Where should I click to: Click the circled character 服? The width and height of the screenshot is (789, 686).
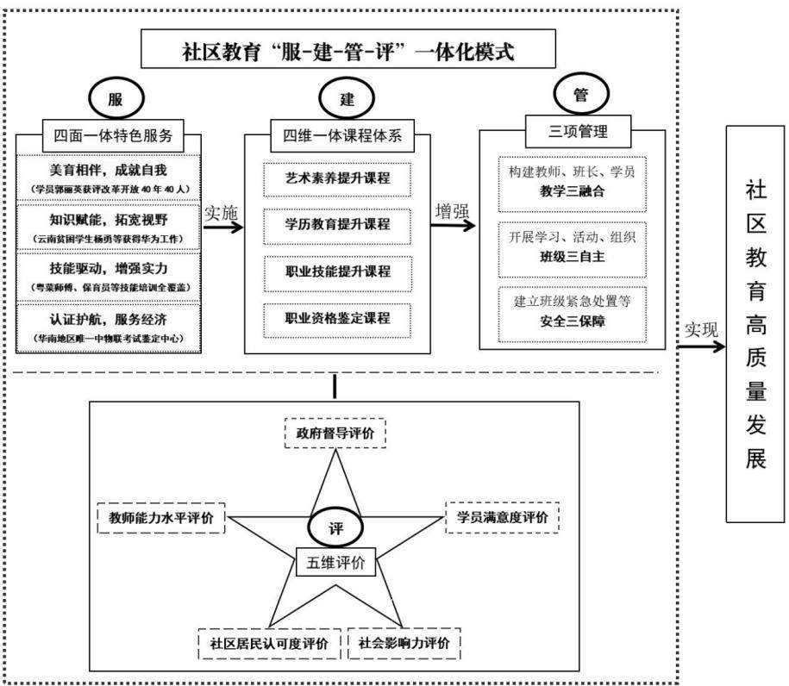pos(116,98)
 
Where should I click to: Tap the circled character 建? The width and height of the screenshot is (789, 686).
pos(347,98)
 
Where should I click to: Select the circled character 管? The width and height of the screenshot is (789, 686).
pos(581,94)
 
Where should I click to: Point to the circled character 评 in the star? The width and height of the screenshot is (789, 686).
pos(335,527)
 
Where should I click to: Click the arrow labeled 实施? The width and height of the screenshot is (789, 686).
pos(223,228)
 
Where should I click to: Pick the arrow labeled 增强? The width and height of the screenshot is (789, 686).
pos(453,224)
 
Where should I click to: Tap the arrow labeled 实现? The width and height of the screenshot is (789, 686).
pos(701,346)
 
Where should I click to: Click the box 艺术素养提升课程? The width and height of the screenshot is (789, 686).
pos(337,178)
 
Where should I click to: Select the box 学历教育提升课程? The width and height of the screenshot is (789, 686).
pos(337,226)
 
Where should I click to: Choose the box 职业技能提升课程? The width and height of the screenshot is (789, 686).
pos(338,273)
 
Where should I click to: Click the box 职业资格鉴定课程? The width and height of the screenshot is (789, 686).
pos(337,320)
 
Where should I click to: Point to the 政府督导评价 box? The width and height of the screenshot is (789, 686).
pos(335,433)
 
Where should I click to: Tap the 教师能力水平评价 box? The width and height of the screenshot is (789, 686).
pos(161,518)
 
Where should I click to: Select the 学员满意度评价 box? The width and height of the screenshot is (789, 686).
pos(502,517)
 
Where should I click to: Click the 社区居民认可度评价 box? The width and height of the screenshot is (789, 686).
pos(269,643)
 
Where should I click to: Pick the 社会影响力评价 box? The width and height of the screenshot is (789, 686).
pos(404,643)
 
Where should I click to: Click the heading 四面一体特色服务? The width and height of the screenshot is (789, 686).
pos(113,136)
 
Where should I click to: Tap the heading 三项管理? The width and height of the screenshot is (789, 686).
pos(578,132)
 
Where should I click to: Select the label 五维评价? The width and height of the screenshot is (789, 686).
pos(335,562)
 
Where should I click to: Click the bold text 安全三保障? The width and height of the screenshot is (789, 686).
pos(572,321)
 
